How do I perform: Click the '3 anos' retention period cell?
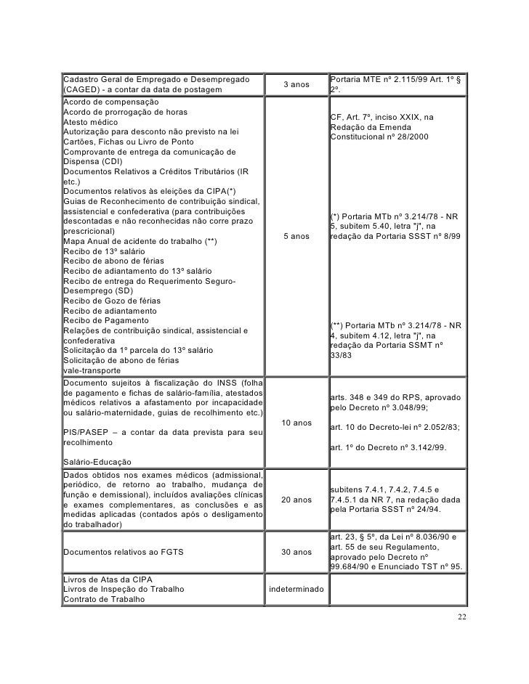[296, 85]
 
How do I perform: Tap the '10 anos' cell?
[296, 423]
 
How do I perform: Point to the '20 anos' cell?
[296, 500]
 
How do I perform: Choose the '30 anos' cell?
[296, 552]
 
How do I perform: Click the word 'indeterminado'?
[296, 589]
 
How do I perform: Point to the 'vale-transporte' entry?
[92, 370]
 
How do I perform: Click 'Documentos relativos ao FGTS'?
[124, 552]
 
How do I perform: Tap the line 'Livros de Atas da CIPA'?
[108, 579]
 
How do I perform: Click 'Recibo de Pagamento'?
[106, 321]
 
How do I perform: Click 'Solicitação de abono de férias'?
[119, 360]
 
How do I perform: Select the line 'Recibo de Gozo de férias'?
[113, 301]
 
